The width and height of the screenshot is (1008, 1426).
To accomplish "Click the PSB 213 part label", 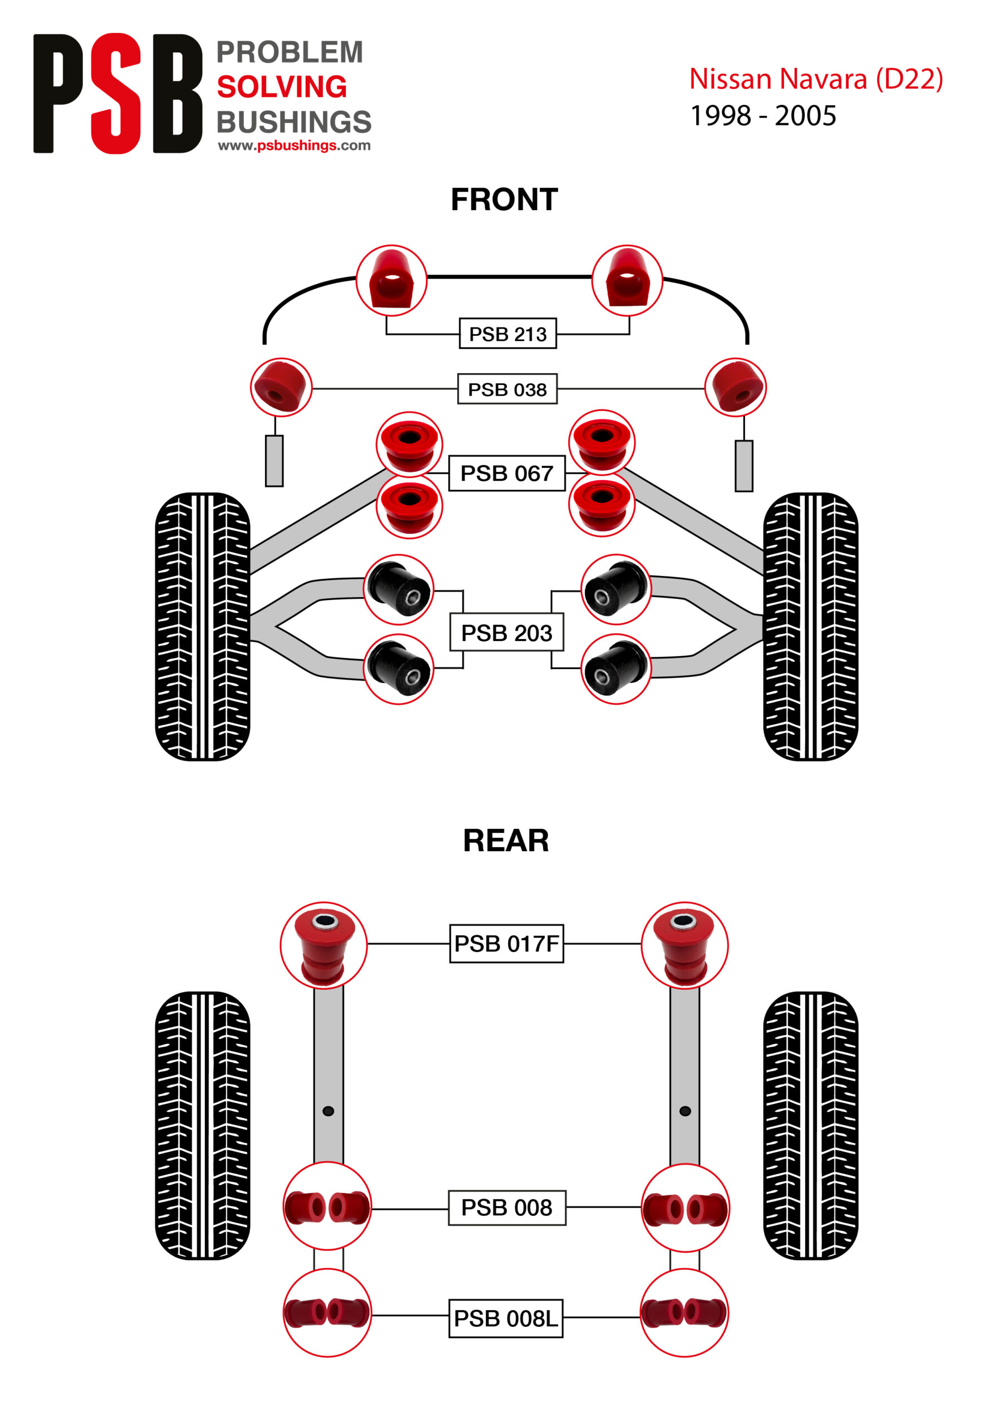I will pos(507,334).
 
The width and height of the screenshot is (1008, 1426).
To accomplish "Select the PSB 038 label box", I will pos(507,389).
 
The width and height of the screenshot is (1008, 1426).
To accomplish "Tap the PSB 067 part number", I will pos(506,473).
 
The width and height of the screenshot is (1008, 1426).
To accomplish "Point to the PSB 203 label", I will pos(506,633).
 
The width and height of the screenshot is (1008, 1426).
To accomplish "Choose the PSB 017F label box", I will pos(506,944).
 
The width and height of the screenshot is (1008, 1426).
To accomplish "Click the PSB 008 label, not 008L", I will pos(506,1208).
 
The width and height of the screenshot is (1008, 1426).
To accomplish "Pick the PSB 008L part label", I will pos(506,1318).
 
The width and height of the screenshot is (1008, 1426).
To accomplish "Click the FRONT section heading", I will pos(505,200).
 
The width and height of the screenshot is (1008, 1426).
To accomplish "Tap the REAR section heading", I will pos(506,841).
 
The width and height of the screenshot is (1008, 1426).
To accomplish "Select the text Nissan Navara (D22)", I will pos(815,80).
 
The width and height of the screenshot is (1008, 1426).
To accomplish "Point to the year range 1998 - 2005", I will pos(764,116).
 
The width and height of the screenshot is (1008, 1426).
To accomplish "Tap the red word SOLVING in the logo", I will pos(281,87).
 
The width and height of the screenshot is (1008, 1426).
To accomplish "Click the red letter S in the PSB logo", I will pos(116,93).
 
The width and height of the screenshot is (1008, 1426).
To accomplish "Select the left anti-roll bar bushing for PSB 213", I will pos(392,280).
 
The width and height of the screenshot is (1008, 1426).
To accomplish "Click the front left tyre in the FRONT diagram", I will pos(203,626).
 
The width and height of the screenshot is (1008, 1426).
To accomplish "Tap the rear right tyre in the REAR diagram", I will pos(810,1125).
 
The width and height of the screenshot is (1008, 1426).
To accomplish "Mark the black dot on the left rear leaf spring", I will pos(329,1111).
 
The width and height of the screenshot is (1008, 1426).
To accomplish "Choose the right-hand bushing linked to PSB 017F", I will pos(684,945).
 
